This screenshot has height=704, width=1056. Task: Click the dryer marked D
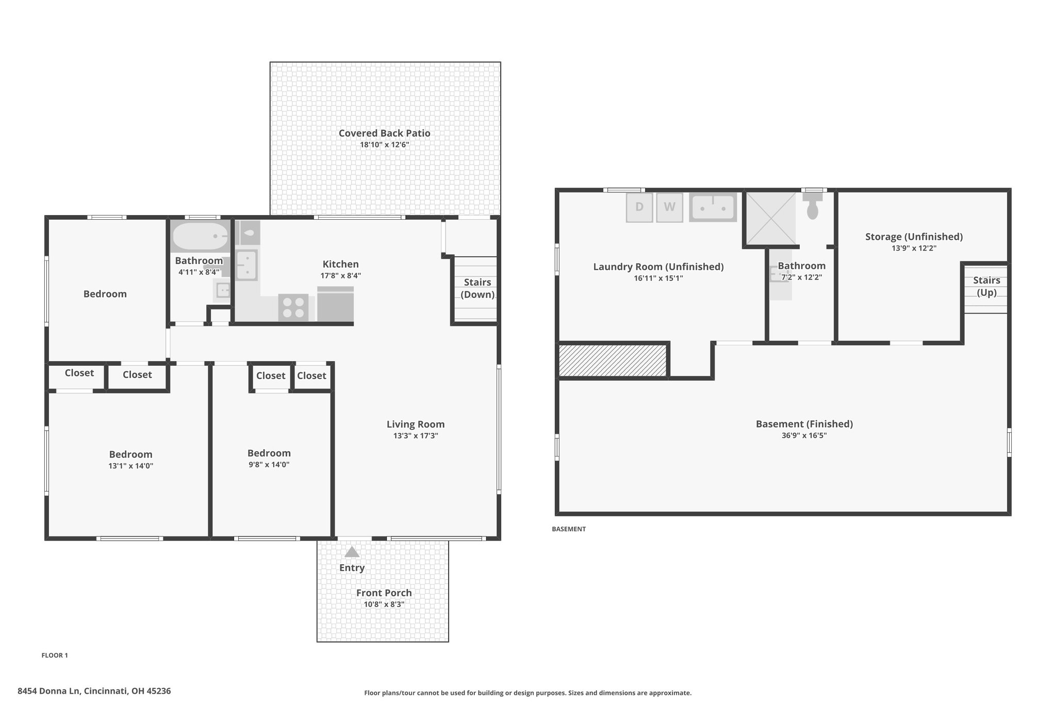pos(639,207)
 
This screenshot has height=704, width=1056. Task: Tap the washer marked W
pos(669,207)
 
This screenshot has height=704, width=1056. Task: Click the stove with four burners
pos(293,307)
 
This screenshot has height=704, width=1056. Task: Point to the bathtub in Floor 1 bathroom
pos(200,236)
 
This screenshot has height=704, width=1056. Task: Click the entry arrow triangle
pos(352,552)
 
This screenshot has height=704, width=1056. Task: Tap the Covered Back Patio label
pos(385,133)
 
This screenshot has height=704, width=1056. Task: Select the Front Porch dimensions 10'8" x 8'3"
pos(384,604)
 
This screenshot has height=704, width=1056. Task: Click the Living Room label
pos(416,424)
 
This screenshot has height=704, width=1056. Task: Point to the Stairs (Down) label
pos(477,288)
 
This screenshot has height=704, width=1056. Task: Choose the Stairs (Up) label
pos(986,286)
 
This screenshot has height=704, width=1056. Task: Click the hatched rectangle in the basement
pos(613,360)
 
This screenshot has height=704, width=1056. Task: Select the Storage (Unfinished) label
pos(914,237)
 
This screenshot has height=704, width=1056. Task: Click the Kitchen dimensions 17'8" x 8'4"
pos(341,275)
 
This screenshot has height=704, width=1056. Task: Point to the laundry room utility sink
pos(713,207)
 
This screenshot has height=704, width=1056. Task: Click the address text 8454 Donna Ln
pos(49,691)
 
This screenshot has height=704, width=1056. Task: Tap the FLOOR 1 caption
pos(55,656)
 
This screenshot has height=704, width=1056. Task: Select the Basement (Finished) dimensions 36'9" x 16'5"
pos(804,435)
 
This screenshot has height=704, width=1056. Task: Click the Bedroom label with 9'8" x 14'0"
pos(269,453)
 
